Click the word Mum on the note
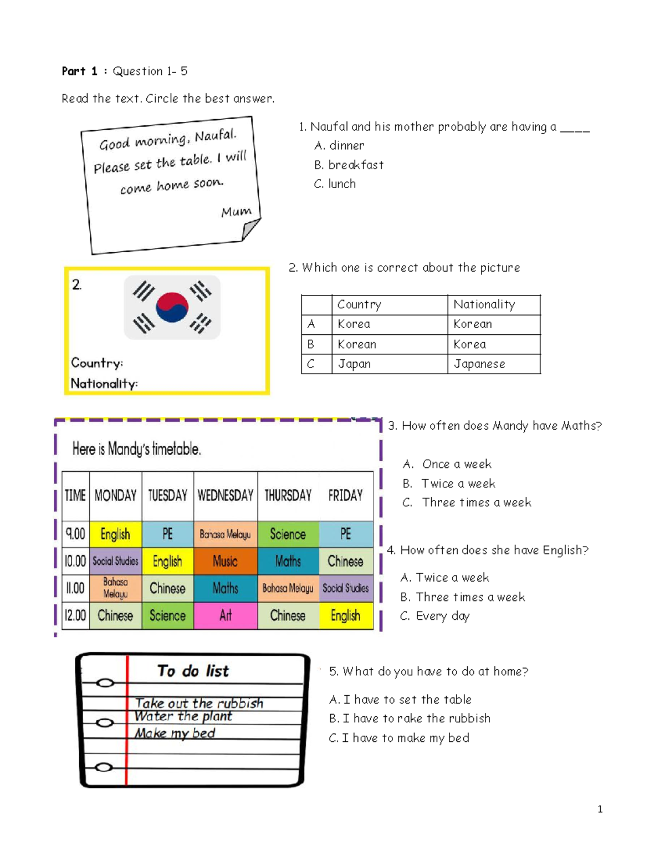pos(236,212)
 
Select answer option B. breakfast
pos(349,165)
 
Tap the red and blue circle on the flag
pos(172,307)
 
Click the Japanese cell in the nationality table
pos(479,364)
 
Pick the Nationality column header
pos(484,304)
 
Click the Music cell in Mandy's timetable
pos(225,562)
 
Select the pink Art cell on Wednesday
pos(225,615)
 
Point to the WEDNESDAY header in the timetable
pos(225,495)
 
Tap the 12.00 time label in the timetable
pos(75,615)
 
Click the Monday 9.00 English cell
pos(115,534)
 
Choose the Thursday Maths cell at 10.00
pos(288,562)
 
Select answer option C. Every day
pos(435,616)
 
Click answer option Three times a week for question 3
pos(467,503)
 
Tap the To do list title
pos(193,671)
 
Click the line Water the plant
pos(183,716)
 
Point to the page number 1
pos(600,809)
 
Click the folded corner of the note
pos(250,228)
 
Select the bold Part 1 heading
pos(79,71)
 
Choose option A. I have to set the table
pos(400,700)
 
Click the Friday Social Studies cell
pos(345,588)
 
